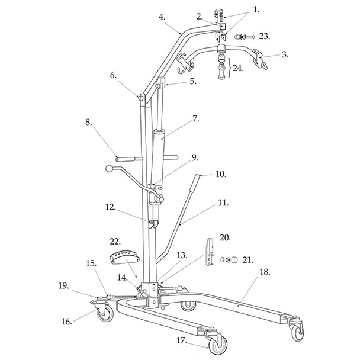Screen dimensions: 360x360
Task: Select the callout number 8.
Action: coord(89,123)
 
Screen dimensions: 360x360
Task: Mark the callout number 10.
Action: coord(204,175)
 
